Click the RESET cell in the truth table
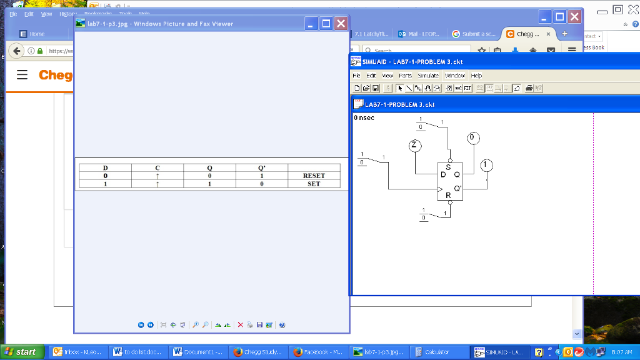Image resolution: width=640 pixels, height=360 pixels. (x=314, y=176)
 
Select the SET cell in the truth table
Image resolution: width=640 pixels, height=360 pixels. (x=314, y=184)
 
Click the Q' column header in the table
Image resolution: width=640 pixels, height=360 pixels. (x=261, y=167)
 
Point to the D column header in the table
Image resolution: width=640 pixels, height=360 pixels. (x=105, y=167)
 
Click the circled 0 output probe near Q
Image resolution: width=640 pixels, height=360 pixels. (x=473, y=137)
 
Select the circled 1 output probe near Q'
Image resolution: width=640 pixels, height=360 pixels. (x=487, y=165)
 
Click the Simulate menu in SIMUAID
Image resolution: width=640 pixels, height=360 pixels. (x=428, y=76)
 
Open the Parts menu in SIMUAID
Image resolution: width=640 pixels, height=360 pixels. (x=405, y=76)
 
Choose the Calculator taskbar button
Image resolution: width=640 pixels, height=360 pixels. (x=437, y=352)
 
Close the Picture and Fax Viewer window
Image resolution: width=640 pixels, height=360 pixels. (x=341, y=24)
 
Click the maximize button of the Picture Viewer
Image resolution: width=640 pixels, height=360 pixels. (x=326, y=24)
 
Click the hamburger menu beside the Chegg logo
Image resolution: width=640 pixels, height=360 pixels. (x=22, y=75)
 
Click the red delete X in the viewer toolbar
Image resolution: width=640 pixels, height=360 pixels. (x=241, y=325)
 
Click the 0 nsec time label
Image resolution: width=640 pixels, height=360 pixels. (x=364, y=117)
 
